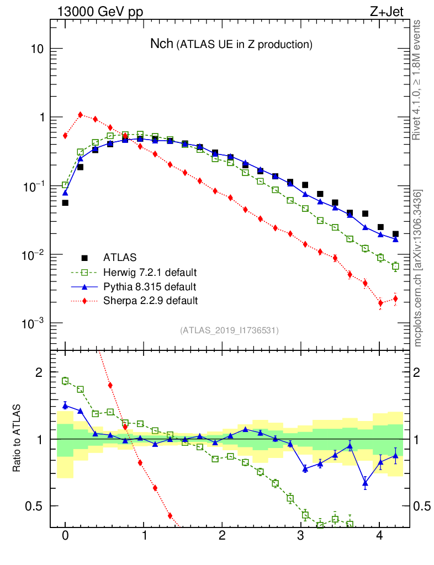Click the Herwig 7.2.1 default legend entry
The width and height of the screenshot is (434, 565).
tap(150, 272)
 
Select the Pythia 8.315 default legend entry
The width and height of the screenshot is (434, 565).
tap(149, 286)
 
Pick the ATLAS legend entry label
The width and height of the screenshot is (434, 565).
tap(120, 258)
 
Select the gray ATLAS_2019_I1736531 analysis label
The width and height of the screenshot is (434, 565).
tap(229, 331)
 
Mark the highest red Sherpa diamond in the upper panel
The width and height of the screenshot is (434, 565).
tap(80, 115)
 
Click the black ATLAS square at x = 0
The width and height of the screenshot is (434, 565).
tap(65, 203)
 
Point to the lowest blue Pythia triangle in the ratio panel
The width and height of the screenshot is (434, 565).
tap(365, 484)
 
